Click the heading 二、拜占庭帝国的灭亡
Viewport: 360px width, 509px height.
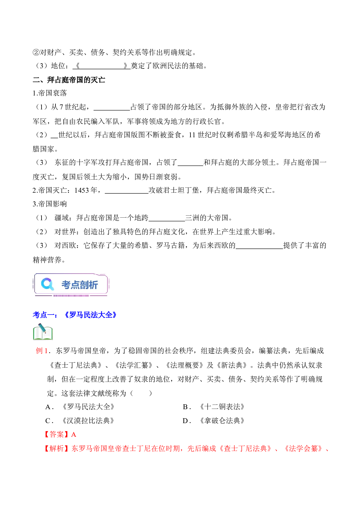[x=69, y=80]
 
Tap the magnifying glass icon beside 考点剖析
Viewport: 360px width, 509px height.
[x=48, y=284]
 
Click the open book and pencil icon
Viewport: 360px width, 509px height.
[x=43, y=332]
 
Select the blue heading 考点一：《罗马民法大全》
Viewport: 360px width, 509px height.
[x=75, y=315]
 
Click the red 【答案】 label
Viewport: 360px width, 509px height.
[x=57, y=434]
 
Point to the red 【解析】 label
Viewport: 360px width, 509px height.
[x=57, y=448]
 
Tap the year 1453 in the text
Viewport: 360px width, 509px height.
[x=82, y=190]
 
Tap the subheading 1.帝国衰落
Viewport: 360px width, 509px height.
[x=50, y=93]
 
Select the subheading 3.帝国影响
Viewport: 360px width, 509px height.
[x=50, y=204]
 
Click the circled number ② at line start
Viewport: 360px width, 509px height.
[x=36, y=52]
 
